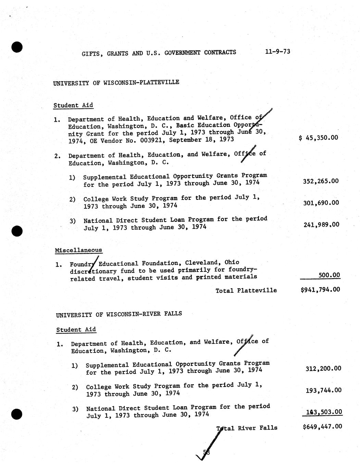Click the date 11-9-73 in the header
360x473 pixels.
[x=277, y=51]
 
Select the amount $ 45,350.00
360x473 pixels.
[x=319, y=138]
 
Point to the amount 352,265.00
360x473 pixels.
[x=321, y=181]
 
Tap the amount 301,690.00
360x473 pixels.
[x=321, y=203]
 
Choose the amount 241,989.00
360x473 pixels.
[x=321, y=225]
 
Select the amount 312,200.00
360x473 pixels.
[x=323, y=368]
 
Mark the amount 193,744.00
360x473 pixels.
[x=323, y=390]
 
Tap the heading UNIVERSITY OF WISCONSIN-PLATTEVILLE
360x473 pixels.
[x=116, y=83]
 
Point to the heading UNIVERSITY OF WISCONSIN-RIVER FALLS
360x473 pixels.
[x=119, y=314]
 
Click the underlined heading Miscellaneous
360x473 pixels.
[x=78, y=250]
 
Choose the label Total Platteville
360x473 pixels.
[x=246, y=290]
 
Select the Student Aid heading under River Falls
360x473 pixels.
[x=76, y=330]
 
